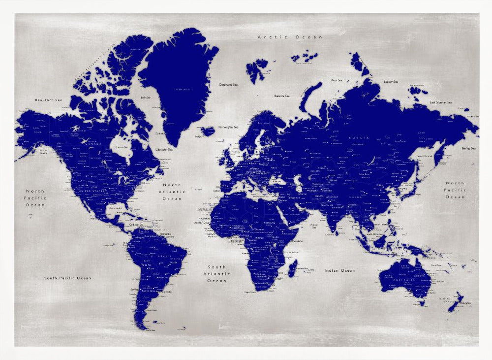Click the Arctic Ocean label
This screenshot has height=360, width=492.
(x=290, y=37)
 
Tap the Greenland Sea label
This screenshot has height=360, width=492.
(x=229, y=84)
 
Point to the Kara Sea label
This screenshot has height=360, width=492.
(x=337, y=80)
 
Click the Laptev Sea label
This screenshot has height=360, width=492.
(x=391, y=82)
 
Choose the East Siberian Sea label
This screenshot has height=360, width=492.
(x=440, y=102)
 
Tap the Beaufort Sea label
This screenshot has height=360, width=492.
(x=49, y=100)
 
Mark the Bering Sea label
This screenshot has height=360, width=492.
(x=468, y=148)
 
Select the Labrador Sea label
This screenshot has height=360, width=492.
(x=164, y=149)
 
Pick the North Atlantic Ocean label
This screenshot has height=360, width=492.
(x=172, y=192)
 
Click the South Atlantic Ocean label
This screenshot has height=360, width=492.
(x=217, y=274)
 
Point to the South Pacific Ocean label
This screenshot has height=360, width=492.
(x=67, y=278)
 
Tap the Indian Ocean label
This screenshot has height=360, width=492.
(x=339, y=270)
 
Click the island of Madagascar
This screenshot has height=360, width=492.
(x=292, y=268)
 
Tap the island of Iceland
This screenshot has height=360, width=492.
(x=208, y=131)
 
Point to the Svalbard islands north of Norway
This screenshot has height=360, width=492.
(x=257, y=69)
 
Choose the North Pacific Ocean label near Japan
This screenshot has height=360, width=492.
(x=455, y=190)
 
